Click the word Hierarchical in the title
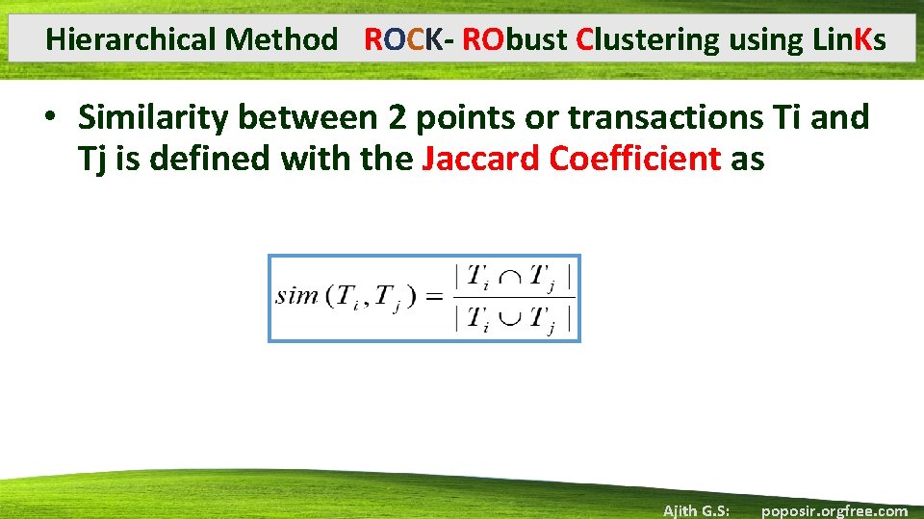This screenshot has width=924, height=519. click(x=131, y=39)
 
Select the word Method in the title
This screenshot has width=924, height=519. click(x=281, y=39)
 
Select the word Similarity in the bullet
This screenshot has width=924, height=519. click(x=153, y=117)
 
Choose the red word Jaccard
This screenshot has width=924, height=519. click(x=481, y=158)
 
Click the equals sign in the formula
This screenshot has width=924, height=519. click(x=434, y=296)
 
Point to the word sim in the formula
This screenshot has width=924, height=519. click(x=296, y=295)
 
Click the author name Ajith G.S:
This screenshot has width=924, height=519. click(x=696, y=510)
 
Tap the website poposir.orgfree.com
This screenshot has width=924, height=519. click(x=834, y=510)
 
